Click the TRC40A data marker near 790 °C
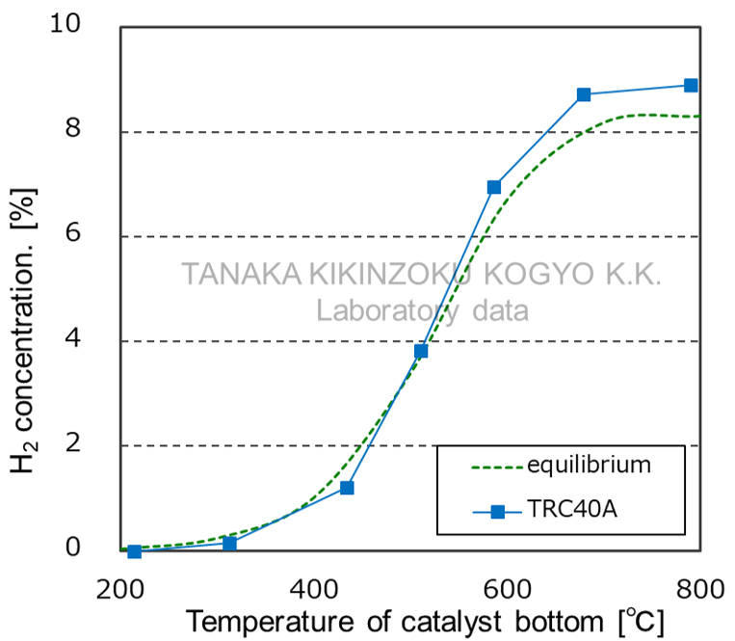click(691, 86)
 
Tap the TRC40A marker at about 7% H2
click(494, 187)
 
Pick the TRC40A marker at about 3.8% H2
click(421, 351)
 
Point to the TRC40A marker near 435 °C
click(347, 488)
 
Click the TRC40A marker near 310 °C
click(230, 544)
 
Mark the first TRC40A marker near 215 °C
click(135, 551)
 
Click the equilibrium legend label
click(589, 466)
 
